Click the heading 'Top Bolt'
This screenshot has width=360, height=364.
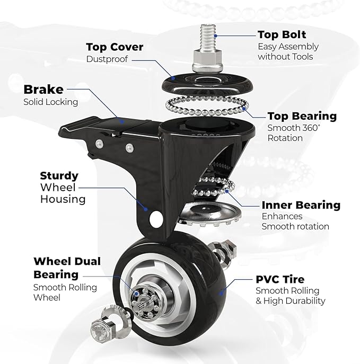[x=282, y=34]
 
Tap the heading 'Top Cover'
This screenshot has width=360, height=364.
[x=115, y=47]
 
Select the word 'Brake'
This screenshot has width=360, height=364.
[x=43, y=89]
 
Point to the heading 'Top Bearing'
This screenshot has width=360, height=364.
[x=302, y=116]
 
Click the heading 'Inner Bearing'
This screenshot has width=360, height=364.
[x=301, y=205]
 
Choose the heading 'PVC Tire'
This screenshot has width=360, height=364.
[x=280, y=279]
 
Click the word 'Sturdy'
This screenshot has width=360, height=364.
[x=59, y=175]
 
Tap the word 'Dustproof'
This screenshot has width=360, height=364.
[x=107, y=59]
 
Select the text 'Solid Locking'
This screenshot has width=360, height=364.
[x=50, y=102]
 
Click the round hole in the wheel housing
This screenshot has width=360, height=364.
[x=155, y=217]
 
